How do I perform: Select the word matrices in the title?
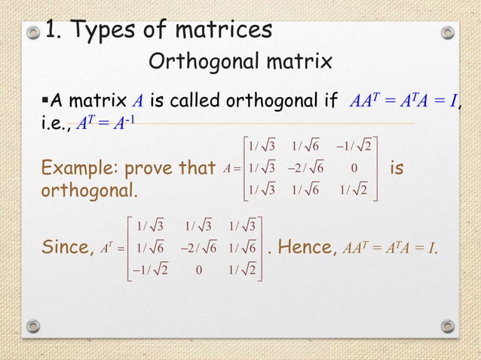[x=222, y=31]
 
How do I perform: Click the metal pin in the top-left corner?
[x=32, y=33]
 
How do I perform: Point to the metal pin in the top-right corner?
[x=448, y=33]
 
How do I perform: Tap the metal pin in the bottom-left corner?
[x=32, y=325]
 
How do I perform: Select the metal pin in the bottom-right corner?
[x=448, y=325]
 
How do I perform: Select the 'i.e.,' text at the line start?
[x=56, y=122]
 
